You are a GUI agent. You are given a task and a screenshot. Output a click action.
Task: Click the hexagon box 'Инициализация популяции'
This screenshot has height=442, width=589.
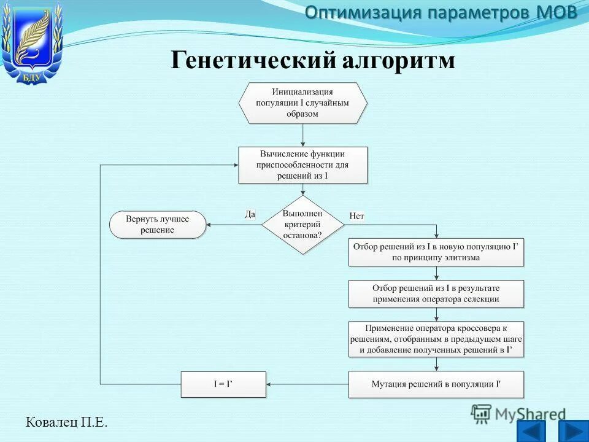click(x=302, y=103)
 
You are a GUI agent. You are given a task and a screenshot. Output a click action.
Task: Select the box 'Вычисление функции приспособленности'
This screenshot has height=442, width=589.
click(x=302, y=165)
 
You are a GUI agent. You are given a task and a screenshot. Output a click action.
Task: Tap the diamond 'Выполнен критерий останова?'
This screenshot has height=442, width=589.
click(x=302, y=225)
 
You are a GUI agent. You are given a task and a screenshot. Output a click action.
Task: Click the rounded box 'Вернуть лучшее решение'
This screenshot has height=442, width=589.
click(x=158, y=225)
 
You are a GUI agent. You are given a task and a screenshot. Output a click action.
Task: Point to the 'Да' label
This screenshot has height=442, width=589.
click(x=250, y=214)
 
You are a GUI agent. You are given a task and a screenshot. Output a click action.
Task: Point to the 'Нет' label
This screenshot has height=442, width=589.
click(x=357, y=216)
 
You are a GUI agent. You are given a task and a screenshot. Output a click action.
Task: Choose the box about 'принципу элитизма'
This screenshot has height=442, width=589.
click(x=436, y=252)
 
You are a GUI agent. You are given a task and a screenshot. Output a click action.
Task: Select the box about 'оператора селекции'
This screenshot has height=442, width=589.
click(x=436, y=293)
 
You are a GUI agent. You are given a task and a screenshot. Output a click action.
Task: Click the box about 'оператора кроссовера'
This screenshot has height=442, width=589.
click(x=436, y=339)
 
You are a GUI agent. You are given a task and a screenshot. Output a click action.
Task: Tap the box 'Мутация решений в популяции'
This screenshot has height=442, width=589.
click(x=436, y=384)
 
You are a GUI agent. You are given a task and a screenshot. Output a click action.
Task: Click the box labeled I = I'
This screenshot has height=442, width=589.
click(x=223, y=384)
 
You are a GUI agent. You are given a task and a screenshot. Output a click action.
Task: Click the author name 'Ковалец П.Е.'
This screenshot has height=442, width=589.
click(x=66, y=422)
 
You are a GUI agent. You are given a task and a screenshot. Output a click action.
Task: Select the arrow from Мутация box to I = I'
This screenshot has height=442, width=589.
click(x=307, y=384)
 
